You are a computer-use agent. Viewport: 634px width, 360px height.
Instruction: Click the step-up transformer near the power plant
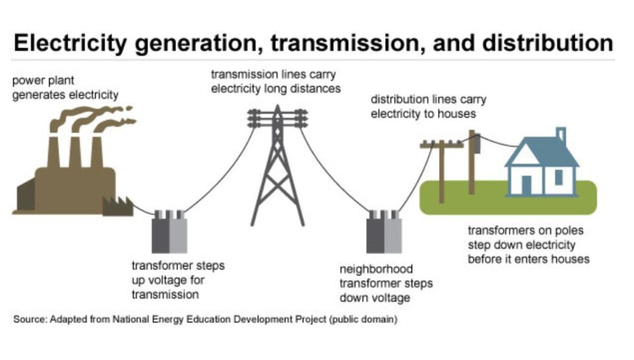point(170,233)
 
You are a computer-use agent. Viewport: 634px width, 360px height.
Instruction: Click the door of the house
point(526,184)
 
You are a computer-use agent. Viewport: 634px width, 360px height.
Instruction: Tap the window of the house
point(559,177)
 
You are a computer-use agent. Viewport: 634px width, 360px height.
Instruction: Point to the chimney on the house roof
point(561,135)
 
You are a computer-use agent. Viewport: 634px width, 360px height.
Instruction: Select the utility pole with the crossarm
point(438,165)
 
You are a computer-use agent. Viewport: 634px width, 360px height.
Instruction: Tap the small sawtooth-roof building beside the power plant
point(116,205)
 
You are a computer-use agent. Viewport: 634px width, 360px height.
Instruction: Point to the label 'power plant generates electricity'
point(65,88)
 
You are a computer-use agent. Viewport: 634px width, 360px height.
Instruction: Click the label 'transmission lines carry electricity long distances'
point(275,81)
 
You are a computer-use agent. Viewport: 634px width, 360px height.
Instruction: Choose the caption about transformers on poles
point(528,245)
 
